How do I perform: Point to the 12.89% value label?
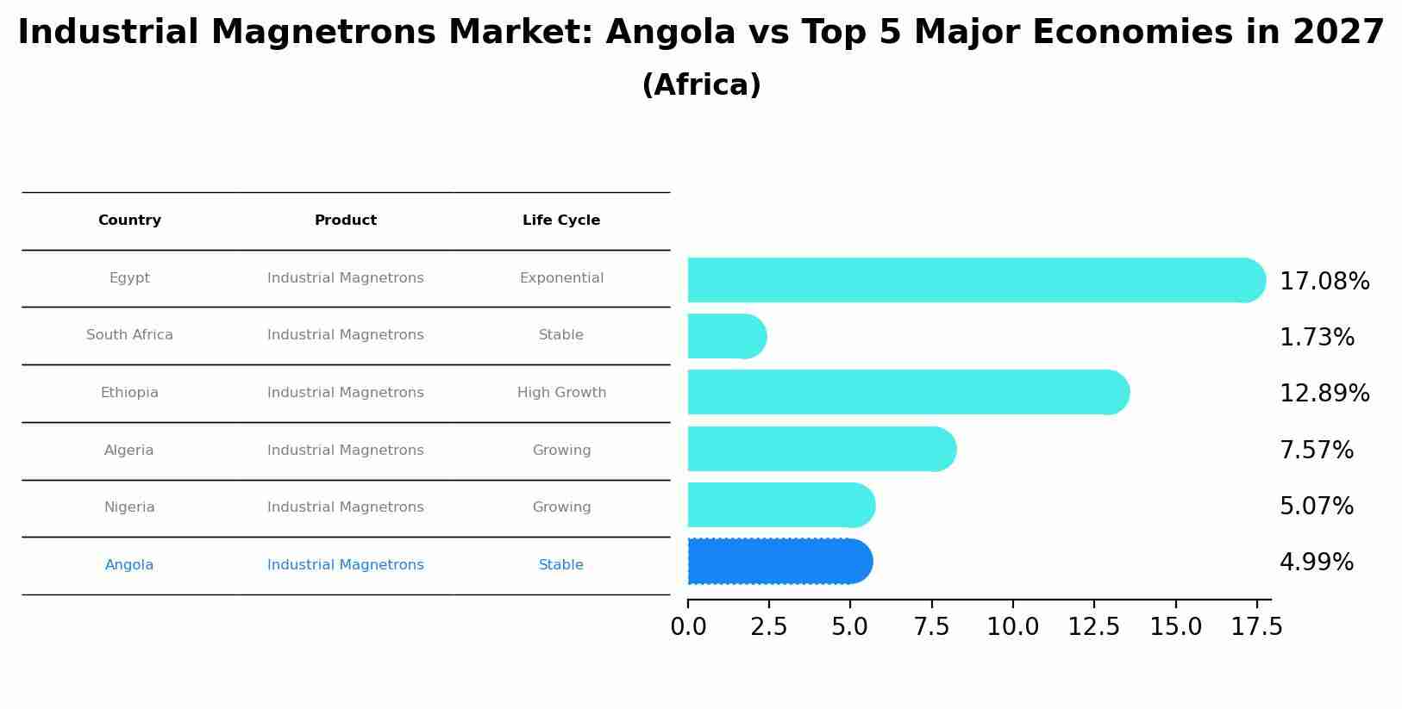point(1324,394)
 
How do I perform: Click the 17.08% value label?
point(1324,282)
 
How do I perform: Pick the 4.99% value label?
point(1316,563)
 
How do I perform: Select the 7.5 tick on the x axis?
point(931,627)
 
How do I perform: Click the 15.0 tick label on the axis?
point(1175,627)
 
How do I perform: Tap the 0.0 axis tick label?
point(688,627)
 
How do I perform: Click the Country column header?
point(129,221)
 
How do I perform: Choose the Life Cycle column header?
point(561,221)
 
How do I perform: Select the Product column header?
point(345,221)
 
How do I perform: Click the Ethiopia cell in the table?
point(129,393)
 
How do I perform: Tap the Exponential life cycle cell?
point(561,278)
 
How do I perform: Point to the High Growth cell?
point(561,393)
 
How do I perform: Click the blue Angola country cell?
point(129,565)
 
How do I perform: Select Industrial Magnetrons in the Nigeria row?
point(345,507)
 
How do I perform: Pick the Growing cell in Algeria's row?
point(561,451)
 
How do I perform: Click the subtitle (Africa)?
point(701,85)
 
